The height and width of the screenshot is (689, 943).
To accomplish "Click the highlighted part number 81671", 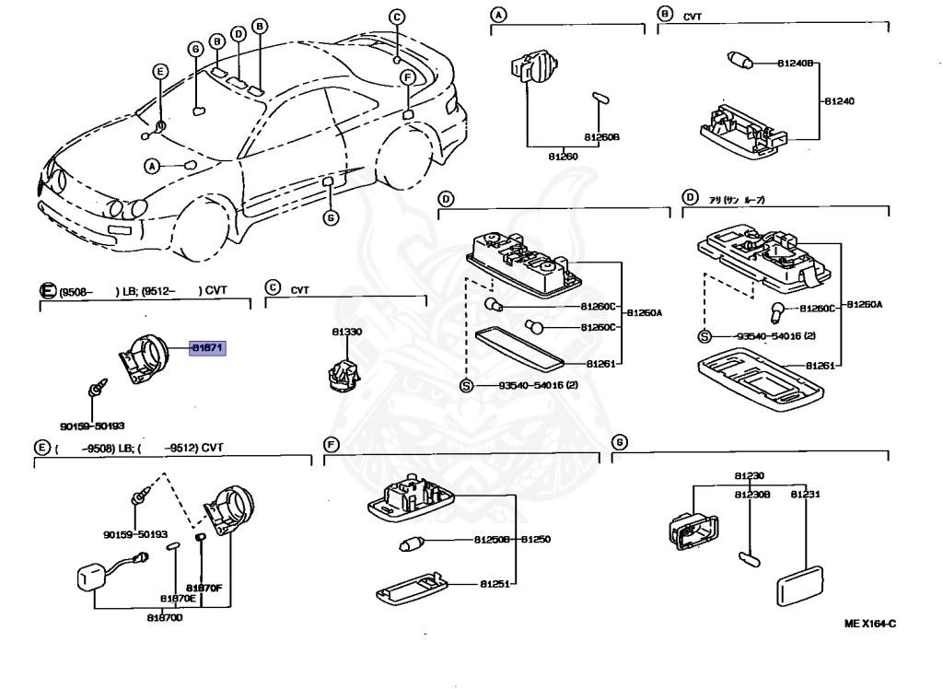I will pos(207,348).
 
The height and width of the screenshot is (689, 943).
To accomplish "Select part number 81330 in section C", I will pos(347,331).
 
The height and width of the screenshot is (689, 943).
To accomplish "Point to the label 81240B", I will pos(797,64).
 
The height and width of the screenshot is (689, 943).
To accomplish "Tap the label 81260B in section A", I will pos(601,137).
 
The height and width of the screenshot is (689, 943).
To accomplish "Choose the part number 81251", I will pos(495,583).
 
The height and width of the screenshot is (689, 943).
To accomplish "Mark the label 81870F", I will pos(204,588).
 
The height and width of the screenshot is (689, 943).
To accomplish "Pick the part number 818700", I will pos(164,616).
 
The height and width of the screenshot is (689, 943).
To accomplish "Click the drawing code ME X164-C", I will pos(870,624).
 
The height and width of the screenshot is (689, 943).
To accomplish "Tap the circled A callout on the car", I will pos(152,166).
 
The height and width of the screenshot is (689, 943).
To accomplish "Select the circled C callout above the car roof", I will pos(397,17).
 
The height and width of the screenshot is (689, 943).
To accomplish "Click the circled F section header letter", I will pos(331,444).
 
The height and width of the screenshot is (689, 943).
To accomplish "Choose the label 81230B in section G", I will pos(751,495).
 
